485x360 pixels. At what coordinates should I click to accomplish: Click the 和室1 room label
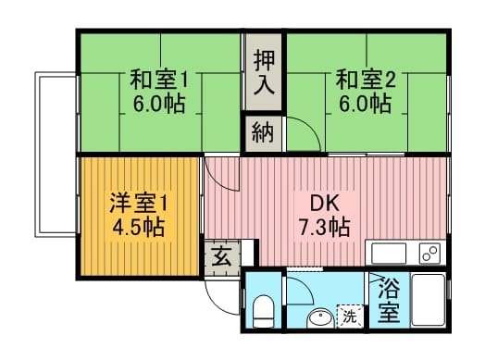(x=158, y=80)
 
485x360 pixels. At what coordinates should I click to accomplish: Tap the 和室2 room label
(x=366, y=80)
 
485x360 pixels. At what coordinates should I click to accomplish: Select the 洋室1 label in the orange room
(x=138, y=204)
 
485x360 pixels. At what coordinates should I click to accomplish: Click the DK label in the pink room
(x=325, y=204)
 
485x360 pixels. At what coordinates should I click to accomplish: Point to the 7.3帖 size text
(x=324, y=227)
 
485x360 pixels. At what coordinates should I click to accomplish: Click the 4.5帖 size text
(x=138, y=228)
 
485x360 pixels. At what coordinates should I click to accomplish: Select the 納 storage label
(x=263, y=132)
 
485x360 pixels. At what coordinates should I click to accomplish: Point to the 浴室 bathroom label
(x=389, y=300)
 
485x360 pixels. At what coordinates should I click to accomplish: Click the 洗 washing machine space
(x=350, y=317)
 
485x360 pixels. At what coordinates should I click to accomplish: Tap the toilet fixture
(x=263, y=312)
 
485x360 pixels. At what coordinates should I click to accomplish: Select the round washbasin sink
(x=320, y=318)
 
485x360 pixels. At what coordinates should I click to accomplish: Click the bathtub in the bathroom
(x=429, y=300)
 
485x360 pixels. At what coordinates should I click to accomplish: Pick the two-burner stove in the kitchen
(x=429, y=254)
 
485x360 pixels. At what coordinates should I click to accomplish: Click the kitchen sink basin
(x=389, y=254)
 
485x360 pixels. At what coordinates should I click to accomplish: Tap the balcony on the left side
(x=56, y=155)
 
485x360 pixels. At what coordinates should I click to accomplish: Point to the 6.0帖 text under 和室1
(x=159, y=104)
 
